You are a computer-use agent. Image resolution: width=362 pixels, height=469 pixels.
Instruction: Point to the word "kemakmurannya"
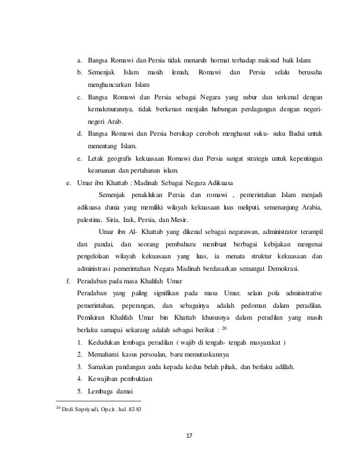(110, 109)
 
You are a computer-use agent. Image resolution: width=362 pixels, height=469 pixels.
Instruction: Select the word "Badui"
(294, 134)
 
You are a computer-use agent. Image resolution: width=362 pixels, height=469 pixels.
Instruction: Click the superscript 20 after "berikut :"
(224, 329)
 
